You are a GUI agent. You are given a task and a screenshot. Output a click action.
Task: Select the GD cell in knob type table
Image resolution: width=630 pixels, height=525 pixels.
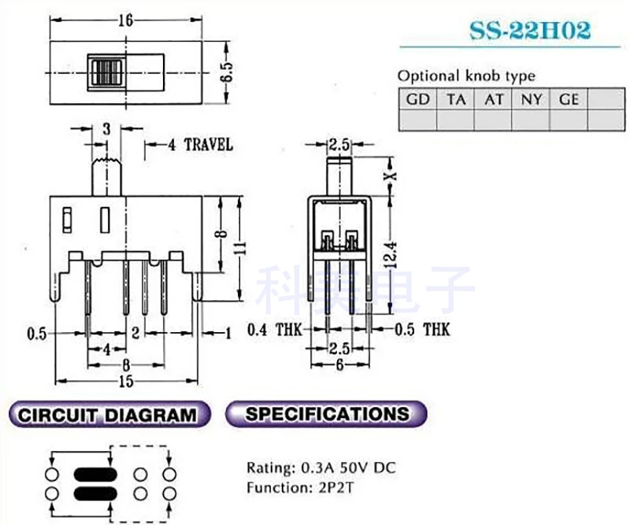point(417,99)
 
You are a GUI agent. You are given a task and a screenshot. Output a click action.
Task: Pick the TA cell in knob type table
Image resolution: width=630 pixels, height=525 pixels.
point(455,99)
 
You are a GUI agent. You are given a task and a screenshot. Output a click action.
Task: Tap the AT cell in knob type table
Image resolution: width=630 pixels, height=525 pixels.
point(494,99)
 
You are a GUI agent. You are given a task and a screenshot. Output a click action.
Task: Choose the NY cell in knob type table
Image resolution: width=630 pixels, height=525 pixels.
point(531,99)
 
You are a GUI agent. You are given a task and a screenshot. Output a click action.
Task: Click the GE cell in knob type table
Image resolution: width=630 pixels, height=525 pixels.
point(569,99)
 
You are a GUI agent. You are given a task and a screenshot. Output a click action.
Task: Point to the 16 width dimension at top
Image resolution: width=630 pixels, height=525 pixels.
point(125,21)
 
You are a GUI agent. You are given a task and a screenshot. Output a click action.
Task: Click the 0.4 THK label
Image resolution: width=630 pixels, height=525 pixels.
point(271,330)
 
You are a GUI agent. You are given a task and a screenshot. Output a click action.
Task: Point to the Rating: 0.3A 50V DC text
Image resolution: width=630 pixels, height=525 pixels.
point(321,468)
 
